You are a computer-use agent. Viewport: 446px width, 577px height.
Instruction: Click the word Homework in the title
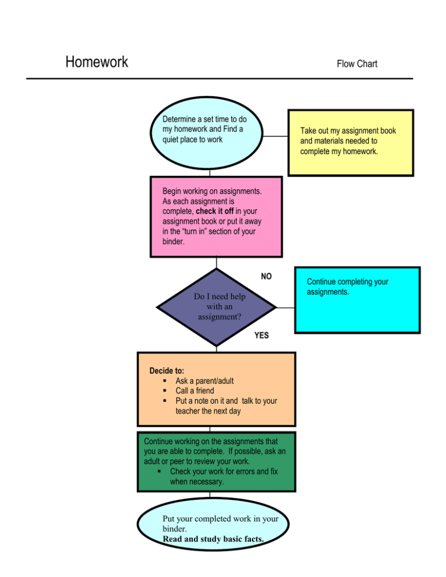point(96,62)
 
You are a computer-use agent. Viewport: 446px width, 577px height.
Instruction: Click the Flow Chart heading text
point(357,64)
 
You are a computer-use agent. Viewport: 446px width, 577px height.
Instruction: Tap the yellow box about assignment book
point(351,142)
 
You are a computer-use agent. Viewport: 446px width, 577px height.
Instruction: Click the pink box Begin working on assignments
point(215,217)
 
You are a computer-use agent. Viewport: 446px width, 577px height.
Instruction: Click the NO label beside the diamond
point(266,277)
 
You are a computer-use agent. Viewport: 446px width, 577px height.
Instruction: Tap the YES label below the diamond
point(261,336)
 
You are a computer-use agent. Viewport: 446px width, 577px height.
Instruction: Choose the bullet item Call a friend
point(195,391)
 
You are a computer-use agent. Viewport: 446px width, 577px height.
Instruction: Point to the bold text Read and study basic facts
point(213,539)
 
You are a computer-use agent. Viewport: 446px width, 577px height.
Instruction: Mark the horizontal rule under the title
point(220,78)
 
